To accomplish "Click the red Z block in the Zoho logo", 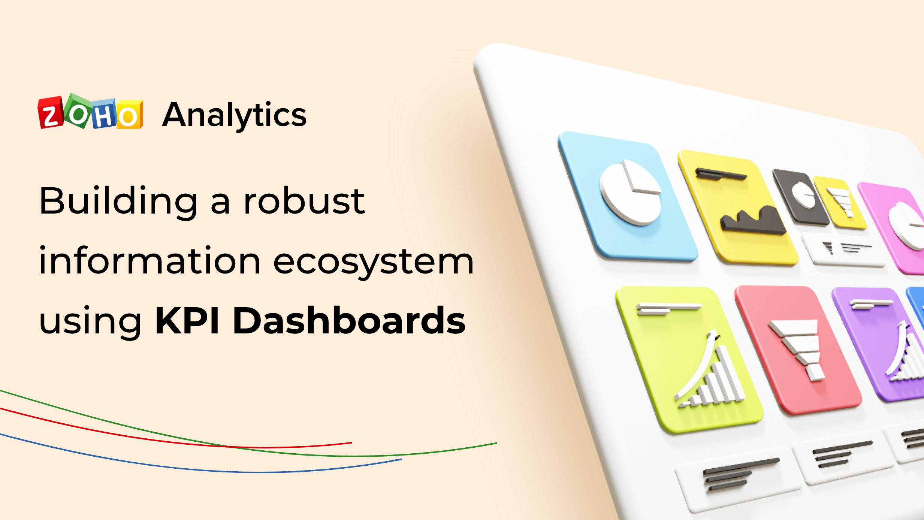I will tap(50, 113).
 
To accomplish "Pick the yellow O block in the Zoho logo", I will tap(129, 115).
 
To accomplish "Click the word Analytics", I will tap(234, 115).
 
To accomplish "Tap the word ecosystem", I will tap(374, 262).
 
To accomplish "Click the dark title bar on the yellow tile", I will tap(720, 174).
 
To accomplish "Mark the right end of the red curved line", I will tap(351, 443).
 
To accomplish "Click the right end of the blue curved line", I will tap(401, 459).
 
